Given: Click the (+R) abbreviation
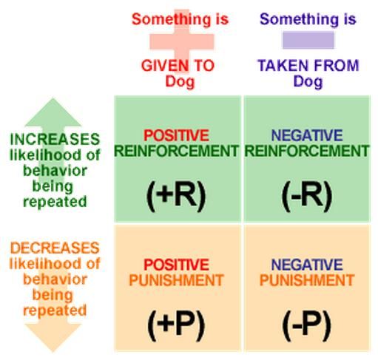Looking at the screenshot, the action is (176, 196).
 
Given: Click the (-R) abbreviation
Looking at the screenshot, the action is (307, 196).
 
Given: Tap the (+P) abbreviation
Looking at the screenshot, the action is (176, 325).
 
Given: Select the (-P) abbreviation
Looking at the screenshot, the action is (307, 325).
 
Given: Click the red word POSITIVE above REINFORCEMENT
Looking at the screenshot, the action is (176, 135).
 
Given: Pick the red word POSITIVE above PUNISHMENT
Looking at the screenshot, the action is (176, 265).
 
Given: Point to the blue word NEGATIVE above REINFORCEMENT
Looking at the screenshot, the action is (307, 135).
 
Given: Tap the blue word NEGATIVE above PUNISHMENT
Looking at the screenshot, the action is (307, 265).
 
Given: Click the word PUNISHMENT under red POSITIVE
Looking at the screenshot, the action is (176, 280).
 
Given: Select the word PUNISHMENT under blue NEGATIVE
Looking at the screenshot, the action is (307, 280).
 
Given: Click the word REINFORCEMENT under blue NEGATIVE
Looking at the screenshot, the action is (307, 151).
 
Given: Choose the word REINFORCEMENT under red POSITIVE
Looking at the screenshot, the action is (176, 151).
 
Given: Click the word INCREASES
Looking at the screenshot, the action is (55, 139).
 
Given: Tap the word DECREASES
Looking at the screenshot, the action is (55, 248).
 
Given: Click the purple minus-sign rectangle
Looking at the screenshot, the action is (308, 40).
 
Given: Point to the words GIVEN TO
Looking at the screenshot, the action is (178, 66).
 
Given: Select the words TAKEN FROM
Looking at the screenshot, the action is (308, 66).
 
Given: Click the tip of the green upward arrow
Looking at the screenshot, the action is (53, 98).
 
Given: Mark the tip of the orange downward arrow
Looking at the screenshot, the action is (53, 351).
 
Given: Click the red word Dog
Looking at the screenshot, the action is (180, 81).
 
